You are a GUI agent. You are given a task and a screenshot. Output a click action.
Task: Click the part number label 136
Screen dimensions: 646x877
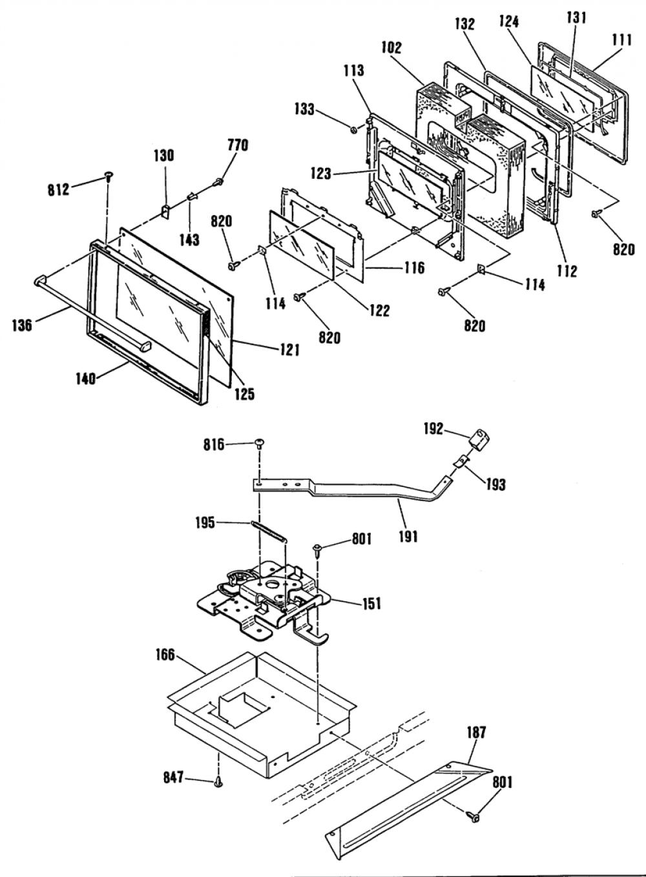tap(22, 325)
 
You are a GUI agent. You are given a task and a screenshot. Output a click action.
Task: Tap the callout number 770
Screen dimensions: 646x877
tap(238, 145)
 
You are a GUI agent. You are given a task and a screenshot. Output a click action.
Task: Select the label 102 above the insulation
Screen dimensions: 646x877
tap(391, 48)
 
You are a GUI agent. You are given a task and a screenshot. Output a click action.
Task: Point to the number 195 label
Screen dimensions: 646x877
tap(205, 522)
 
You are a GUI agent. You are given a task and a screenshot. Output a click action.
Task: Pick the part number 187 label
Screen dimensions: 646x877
tap(476, 732)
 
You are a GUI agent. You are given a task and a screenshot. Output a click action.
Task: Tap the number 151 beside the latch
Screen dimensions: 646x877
tap(371, 603)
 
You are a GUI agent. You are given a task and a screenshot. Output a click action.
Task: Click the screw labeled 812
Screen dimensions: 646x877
tap(108, 176)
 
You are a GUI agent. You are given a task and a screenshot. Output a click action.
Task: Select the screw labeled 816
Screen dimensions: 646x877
tap(260, 443)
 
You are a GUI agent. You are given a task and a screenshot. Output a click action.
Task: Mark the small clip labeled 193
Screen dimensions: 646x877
tap(461, 460)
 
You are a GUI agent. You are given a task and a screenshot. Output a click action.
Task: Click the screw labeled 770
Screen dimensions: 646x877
tap(218, 181)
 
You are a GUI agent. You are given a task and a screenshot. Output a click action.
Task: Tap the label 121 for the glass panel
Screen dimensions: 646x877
tap(289, 349)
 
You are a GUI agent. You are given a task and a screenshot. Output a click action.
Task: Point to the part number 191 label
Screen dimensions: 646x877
tap(408, 537)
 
